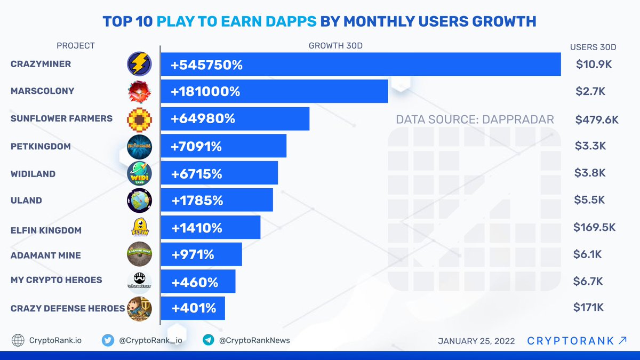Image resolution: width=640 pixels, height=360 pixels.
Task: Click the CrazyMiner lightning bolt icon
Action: click(x=140, y=65)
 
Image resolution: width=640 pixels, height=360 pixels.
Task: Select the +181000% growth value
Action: click(x=205, y=91)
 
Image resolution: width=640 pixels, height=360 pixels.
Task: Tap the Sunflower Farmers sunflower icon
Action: click(x=140, y=118)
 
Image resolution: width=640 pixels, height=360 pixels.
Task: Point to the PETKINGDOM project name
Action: click(x=41, y=146)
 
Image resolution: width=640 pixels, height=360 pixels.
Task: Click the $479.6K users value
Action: click(x=597, y=119)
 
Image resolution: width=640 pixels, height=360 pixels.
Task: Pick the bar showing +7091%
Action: click(x=224, y=146)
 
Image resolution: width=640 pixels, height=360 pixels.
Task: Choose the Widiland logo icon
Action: click(x=140, y=174)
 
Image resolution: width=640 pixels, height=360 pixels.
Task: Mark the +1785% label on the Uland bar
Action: click(x=197, y=201)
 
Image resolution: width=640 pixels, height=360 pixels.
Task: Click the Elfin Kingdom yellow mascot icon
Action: click(x=140, y=228)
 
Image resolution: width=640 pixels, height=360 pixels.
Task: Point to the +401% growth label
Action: click(x=193, y=308)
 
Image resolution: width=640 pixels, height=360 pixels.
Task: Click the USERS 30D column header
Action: click(x=593, y=47)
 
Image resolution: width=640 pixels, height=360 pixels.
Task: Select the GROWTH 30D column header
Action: click(x=335, y=46)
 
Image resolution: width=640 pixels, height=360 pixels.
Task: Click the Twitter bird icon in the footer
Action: click(x=108, y=340)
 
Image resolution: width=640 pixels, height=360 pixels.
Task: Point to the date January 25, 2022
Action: click(x=476, y=341)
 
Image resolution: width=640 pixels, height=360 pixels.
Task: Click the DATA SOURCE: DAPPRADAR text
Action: click(x=475, y=119)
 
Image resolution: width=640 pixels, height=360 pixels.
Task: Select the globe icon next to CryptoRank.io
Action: click(x=18, y=340)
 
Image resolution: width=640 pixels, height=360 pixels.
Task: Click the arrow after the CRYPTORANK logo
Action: click(x=622, y=340)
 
